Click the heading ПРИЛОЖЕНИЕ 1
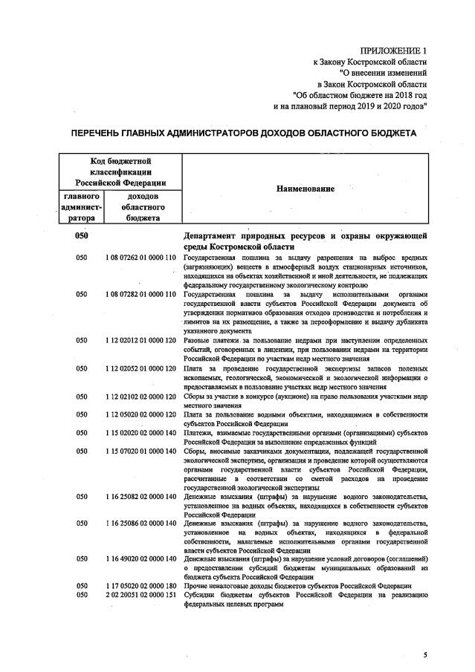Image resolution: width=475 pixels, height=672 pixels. pos(394,50)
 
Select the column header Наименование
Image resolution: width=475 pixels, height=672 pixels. pos(305,189)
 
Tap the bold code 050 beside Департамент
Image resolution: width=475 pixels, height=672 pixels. pos(83,236)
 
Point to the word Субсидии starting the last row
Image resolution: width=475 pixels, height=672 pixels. pos(201,596)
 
